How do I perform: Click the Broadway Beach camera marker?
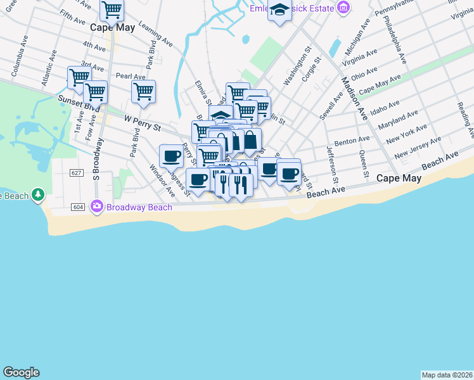point(97,206)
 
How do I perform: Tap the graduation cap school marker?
point(279,10)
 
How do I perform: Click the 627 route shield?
point(77,173)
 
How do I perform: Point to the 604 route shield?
point(79,207)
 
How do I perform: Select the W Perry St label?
point(143,123)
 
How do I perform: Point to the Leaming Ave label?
point(156,36)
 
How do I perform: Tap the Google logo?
point(21,372)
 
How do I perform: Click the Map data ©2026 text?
point(447,374)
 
